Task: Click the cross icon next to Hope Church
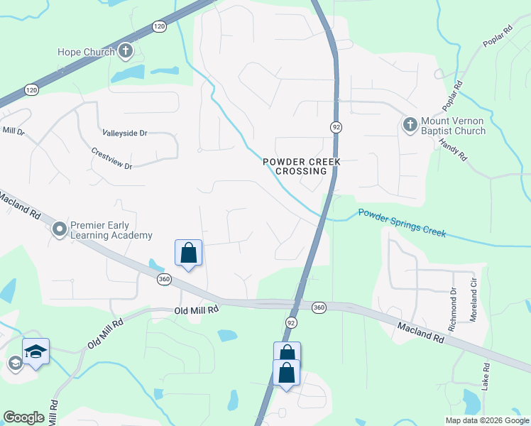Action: coord(126,50)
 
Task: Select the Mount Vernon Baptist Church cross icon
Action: coord(410,126)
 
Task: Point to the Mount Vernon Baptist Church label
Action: coord(452,126)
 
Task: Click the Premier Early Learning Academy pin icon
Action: coord(59,229)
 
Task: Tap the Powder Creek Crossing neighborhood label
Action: coord(302,166)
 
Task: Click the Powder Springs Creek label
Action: coord(402,222)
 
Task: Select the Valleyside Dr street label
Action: coord(124,133)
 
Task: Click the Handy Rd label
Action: coord(452,148)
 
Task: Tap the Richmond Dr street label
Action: coord(454,304)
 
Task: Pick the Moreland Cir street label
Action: coord(473,301)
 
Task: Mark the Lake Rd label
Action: coord(486,377)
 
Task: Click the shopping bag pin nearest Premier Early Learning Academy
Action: coord(188,252)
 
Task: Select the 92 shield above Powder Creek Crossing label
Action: coord(336,126)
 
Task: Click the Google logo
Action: coord(23,417)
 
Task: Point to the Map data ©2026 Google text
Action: coord(487,420)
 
